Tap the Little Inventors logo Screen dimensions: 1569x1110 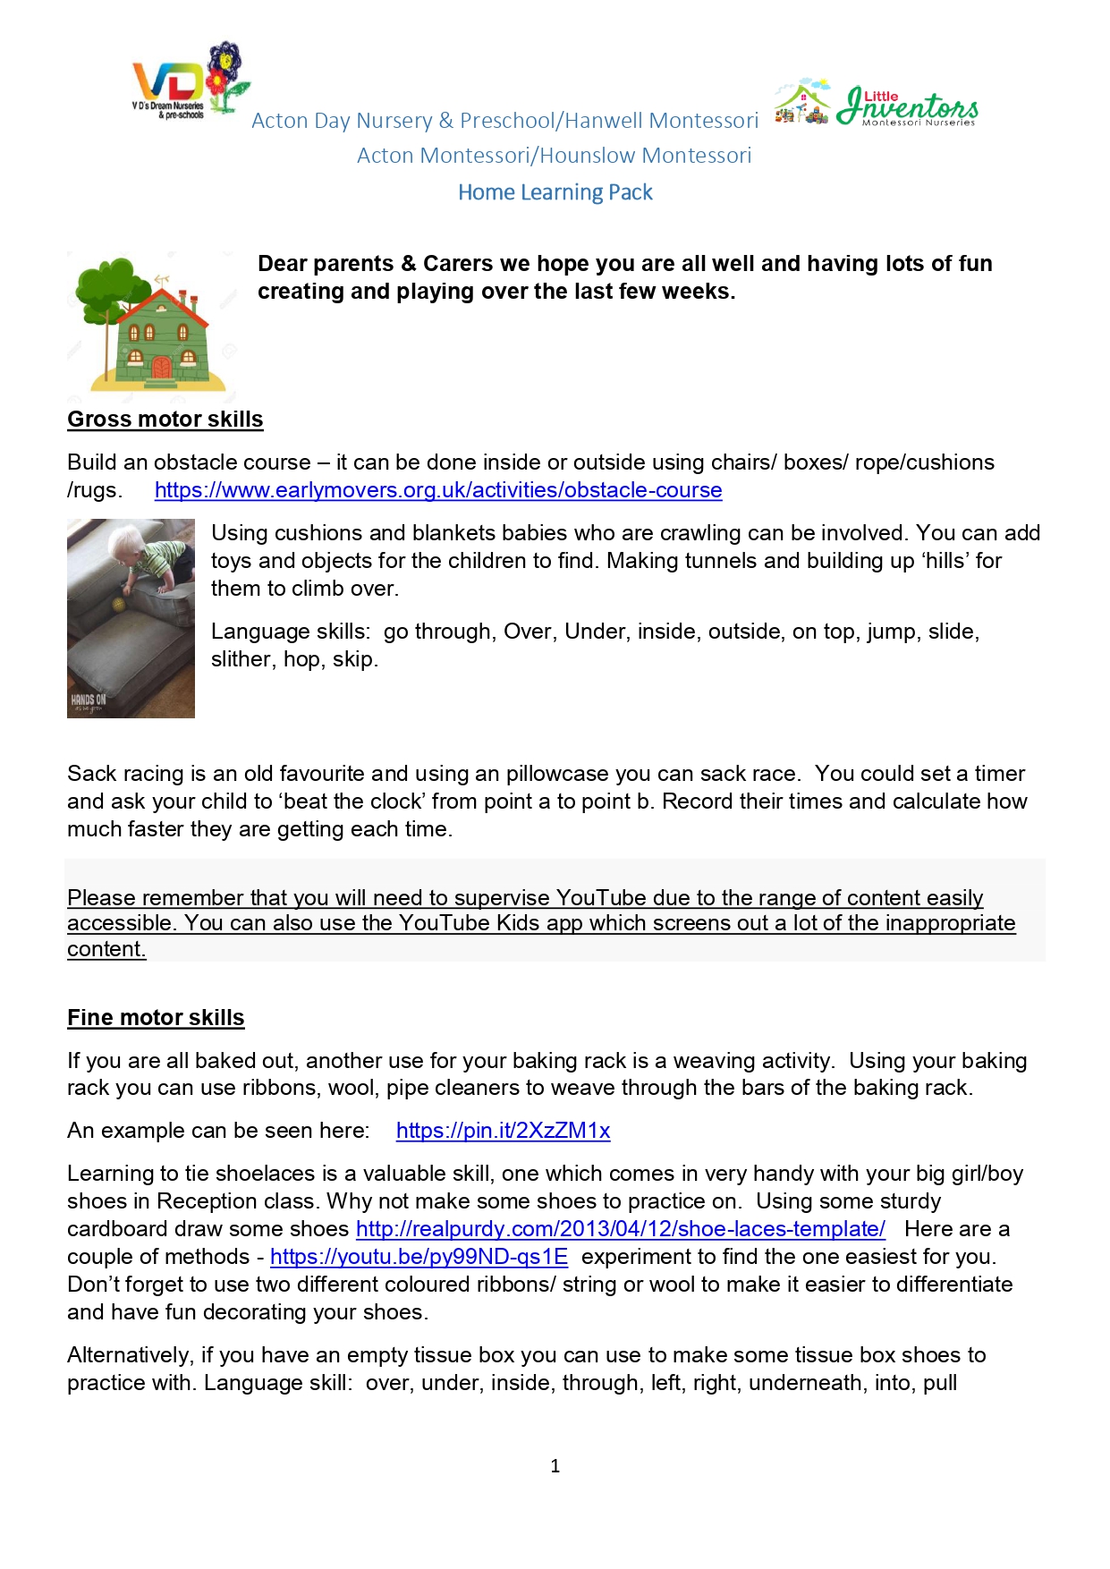[x=877, y=104]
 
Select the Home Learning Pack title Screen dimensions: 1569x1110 [x=555, y=192]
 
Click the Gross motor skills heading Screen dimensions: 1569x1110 [x=165, y=420]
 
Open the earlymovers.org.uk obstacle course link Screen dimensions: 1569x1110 [x=438, y=490]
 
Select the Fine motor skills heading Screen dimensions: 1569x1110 [x=156, y=1018]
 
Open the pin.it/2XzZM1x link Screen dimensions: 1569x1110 [x=503, y=1131]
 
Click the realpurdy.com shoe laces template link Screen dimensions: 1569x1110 [x=621, y=1229]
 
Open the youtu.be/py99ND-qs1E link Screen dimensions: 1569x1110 [x=419, y=1257]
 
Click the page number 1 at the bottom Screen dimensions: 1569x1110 [x=555, y=1466]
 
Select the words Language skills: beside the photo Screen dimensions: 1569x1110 [x=290, y=632]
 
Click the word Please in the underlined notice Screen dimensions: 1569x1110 [x=102, y=898]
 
